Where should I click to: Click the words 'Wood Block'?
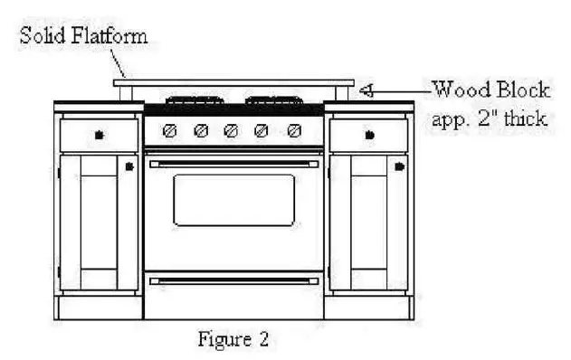[490, 90]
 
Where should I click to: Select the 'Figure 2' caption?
[233, 340]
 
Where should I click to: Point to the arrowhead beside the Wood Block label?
[366, 90]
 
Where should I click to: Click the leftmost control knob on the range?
[169, 131]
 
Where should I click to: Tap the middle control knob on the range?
[231, 131]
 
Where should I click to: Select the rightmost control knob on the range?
[293, 131]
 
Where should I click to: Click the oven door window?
[233, 200]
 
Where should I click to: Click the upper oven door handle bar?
[233, 164]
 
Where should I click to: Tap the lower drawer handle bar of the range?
[233, 281]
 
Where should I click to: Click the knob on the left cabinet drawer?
[99, 136]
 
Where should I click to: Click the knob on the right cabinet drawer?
[368, 136]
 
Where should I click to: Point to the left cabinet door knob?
[130, 167]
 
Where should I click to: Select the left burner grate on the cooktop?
[194, 100]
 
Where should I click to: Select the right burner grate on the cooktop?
[274, 100]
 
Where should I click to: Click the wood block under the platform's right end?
[343, 94]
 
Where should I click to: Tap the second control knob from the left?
[201, 131]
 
